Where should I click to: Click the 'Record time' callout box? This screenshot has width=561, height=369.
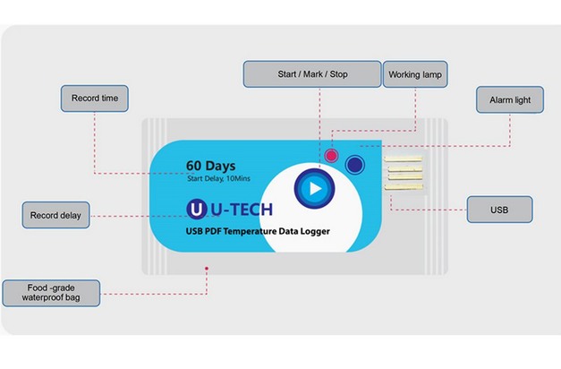click(94, 98)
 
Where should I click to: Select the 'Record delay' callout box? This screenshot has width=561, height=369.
click(55, 215)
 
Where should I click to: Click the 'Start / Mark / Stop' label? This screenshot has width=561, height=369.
click(312, 73)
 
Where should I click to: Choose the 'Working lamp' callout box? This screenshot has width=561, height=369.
click(415, 73)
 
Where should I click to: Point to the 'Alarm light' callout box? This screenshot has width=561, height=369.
click(509, 99)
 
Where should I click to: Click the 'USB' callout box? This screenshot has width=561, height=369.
click(499, 210)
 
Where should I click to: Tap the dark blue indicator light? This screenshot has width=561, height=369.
click(354, 165)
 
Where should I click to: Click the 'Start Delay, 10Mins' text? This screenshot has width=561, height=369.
click(219, 180)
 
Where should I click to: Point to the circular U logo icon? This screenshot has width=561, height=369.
click(196, 209)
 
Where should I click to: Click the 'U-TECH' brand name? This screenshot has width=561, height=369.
click(242, 209)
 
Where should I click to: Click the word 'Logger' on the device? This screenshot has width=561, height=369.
click(315, 231)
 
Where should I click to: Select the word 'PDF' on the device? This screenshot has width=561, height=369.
click(219, 231)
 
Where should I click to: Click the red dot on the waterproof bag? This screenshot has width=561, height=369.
click(208, 266)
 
